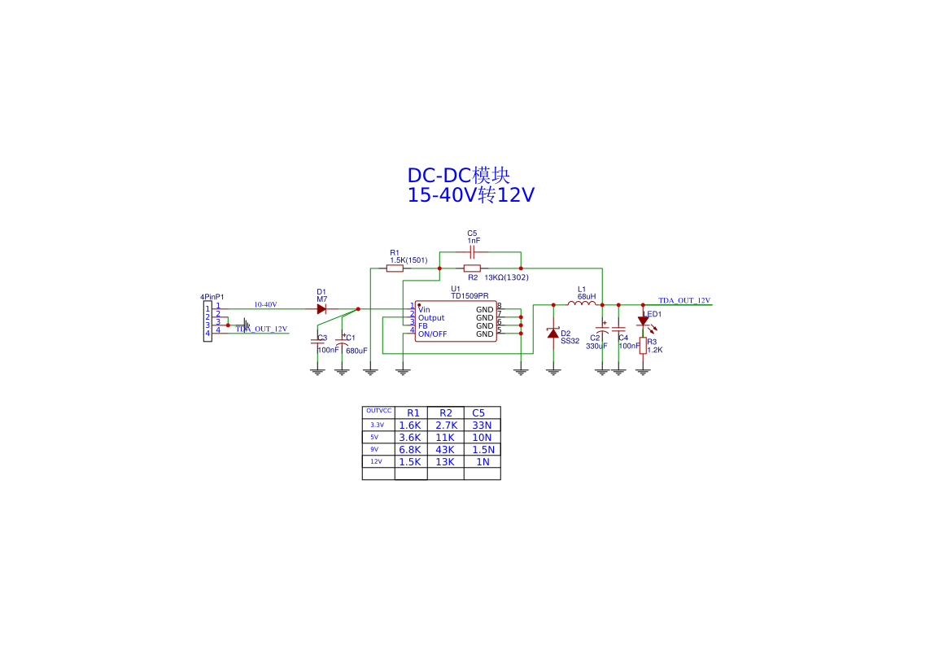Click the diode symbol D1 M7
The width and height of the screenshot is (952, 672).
(x=321, y=309)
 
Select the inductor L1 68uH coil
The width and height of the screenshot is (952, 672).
(x=582, y=304)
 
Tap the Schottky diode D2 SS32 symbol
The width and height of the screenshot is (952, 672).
(x=553, y=333)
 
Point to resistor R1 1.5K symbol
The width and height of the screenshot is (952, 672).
(x=395, y=268)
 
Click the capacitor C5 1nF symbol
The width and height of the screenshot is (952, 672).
(x=472, y=252)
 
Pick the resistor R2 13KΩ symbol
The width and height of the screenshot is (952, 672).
(x=472, y=268)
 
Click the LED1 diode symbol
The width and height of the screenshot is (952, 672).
(x=643, y=321)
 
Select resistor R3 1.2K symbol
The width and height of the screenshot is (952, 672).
(x=643, y=346)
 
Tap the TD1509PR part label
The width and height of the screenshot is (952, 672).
(x=470, y=295)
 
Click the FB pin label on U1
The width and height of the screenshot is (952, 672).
(x=423, y=325)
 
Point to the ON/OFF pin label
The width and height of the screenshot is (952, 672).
(x=432, y=334)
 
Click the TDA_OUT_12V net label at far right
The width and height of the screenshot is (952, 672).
(x=683, y=300)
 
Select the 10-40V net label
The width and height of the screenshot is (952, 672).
(x=265, y=304)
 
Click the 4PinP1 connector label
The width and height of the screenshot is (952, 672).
(x=212, y=297)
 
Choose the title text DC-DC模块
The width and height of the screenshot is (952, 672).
(x=459, y=176)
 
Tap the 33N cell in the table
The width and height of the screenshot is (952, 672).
(x=482, y=425)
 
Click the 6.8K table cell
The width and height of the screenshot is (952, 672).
(x=410, y=449)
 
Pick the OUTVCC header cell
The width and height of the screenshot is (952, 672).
(x=378, y=411)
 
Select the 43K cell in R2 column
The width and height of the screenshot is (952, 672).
(x=445, y=449)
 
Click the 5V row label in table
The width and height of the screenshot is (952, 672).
(x=375, y=437)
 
